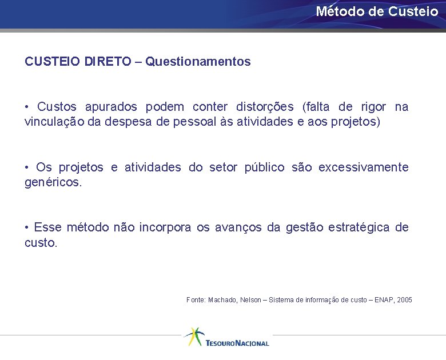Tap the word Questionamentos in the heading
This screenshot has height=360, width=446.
point(198,61)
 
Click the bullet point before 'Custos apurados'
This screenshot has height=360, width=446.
point(27,107)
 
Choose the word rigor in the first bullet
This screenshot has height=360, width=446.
point(373,107)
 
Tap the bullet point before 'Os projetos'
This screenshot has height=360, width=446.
point(27,167)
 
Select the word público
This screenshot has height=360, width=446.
point(264,167)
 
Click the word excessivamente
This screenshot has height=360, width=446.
point(363,167)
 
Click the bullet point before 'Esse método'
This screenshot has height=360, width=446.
point(27,227)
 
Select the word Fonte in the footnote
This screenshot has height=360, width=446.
point(195,299)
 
